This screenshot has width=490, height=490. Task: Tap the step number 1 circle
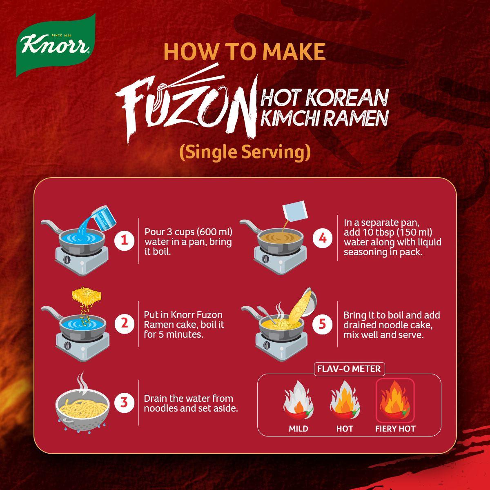pos(124,241)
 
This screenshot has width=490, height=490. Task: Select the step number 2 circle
pos(124,324)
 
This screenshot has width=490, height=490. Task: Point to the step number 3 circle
pos(124,403)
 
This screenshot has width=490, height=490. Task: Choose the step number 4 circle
pos(323,238)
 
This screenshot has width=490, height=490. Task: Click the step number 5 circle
pos(323,324)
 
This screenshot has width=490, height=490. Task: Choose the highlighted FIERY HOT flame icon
pos(395,400)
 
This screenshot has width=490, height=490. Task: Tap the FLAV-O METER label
pos(349,369)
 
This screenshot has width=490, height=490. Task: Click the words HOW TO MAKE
pos(244,52)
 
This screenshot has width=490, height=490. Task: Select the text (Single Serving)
pos(245,152)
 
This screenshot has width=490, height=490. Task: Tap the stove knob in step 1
pos(67,260)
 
